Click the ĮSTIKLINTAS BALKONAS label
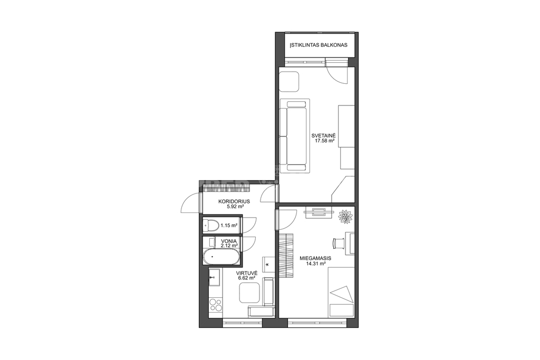coord(319,45)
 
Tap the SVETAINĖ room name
coord(323,135)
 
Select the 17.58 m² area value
coord(325,140)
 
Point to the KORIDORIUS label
coord(234,202)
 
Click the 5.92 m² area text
coord(235,207)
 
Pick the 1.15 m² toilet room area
coord(229,226)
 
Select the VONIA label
coord(229,241)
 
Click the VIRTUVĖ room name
coord(244,273)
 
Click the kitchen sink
coord(215,277)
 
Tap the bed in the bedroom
coord(341,292)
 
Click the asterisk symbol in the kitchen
coord(267,265)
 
